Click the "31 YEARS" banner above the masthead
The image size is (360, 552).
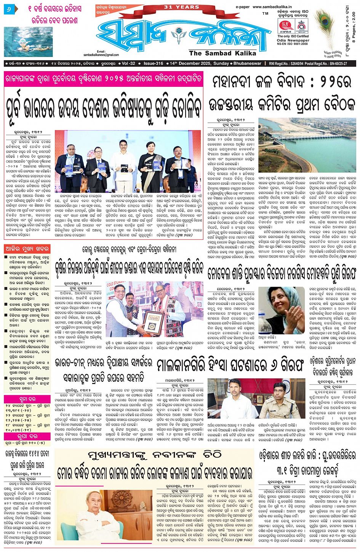[x=181, y=7]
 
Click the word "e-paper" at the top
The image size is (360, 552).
[x=242, y=7]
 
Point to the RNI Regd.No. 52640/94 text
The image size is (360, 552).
[x=292, y=64]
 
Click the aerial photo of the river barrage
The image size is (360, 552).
[x=307, y=145]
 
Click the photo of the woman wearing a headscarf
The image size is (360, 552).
[x=282, y=310]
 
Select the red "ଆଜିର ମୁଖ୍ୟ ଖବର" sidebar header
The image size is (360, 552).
[x=27, y=249]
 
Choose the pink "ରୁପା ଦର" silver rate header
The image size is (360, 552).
[x=27, y=436]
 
